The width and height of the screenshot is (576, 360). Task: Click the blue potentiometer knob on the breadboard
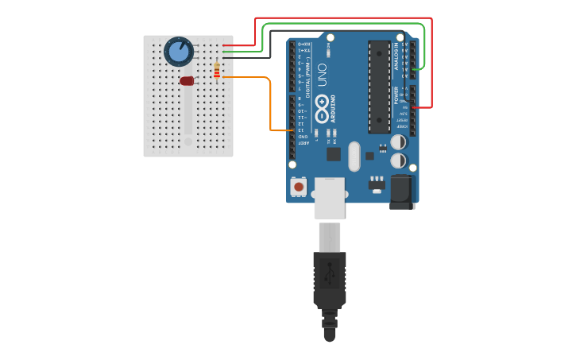click(x=179, y=51)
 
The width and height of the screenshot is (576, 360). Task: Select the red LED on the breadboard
click(x=187, y=81)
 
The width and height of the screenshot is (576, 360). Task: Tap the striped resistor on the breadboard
click(x=217, y=71)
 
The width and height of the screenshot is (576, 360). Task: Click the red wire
click(x=342, y=17)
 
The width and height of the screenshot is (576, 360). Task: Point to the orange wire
click(x=271, y=103)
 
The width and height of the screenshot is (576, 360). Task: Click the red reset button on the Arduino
click(x=299, y=187)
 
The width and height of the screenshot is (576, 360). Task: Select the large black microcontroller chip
click(x=379, y=87)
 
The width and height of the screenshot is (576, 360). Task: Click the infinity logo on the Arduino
click(x=322, y=104)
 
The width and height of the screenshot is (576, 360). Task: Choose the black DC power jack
click(x=403, y=193)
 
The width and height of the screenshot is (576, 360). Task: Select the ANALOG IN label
click(x=396, y=56)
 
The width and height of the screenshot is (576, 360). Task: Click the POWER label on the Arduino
click(x=396, y=95)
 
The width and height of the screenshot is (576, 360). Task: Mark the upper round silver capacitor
click(x=399, y=142)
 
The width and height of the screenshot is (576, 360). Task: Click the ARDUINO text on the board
click(x=334, y=107)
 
